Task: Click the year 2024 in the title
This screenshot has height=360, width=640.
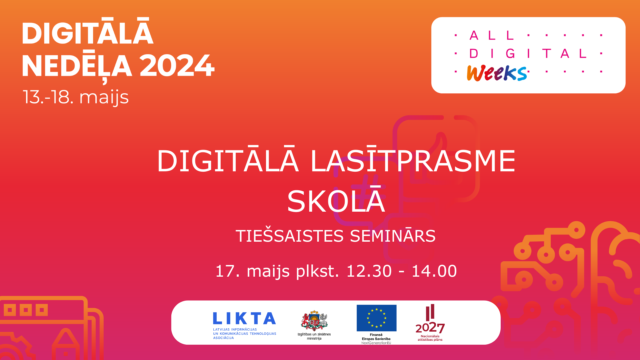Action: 177,65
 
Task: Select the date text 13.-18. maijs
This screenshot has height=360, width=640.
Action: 76,97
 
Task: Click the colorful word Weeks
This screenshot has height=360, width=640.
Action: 497,73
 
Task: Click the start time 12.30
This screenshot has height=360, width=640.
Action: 369,271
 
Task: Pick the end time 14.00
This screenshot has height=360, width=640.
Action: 434,271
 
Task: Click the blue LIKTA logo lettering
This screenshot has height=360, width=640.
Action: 244,318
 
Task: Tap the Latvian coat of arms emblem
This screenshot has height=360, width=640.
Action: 314,320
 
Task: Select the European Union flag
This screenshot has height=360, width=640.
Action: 376,318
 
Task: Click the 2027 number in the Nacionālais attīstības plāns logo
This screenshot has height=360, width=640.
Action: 430,328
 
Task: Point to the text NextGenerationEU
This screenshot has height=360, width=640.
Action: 376,343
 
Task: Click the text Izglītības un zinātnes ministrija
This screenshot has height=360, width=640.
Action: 314,336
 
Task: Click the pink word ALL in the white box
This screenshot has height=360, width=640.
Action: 492,35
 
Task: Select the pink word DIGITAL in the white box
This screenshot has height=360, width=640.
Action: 528,53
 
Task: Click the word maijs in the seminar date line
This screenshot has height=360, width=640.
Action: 268,271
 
